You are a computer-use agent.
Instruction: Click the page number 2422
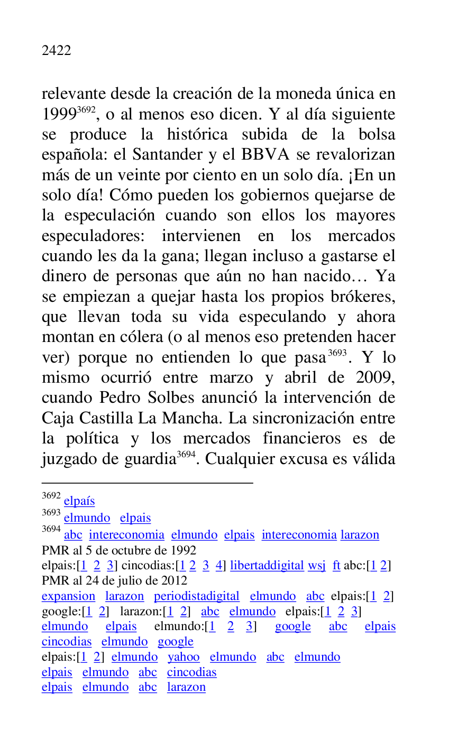[x=56, y=51]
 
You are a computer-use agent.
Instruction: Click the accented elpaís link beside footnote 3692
[x=79, y=502]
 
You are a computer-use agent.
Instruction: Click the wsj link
[x=317, y=566]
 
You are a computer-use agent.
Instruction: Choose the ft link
[x=336, y=566]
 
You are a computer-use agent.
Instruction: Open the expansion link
[x=68, y=596]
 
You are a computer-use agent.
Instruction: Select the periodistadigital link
[x=197, y=596]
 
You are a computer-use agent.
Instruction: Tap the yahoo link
[x=184, y=657]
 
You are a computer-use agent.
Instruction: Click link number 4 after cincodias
[x=219, y=566]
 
